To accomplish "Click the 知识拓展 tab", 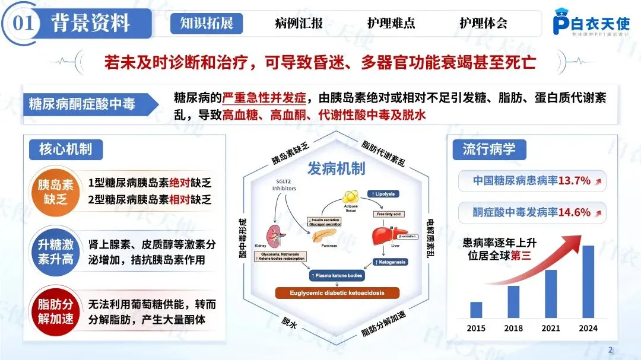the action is (x=207, y=24).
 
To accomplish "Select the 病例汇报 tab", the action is (x=299, y=24).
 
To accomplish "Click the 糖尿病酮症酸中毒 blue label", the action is (x=82, y=104).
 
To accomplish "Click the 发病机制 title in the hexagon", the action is (x=336, y=168).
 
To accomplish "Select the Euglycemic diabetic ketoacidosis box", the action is (x=337, y=292).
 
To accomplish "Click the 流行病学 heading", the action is (x=489, y=149).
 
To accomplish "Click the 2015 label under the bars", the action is (x=476, y=328).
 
